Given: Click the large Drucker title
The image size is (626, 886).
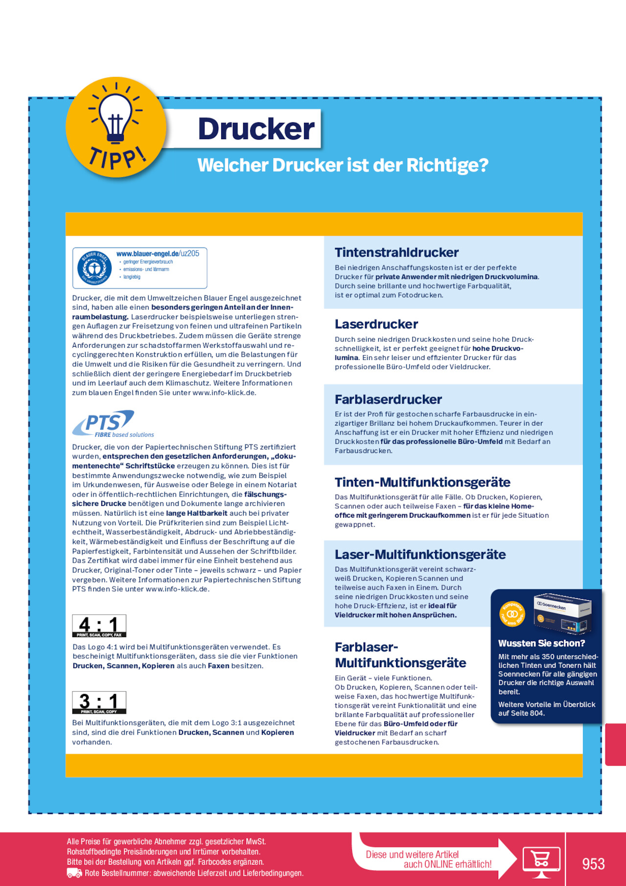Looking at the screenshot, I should tap(256, 129).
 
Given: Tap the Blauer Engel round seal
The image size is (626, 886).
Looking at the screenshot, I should tap(94, 268).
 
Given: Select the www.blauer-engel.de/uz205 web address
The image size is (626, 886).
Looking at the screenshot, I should tap(158, 254).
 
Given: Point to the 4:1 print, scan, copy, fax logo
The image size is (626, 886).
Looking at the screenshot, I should tap(99, 626).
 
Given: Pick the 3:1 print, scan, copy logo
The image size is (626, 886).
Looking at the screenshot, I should tap(99, 702).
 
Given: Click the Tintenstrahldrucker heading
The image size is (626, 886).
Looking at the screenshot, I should tap(396, 252).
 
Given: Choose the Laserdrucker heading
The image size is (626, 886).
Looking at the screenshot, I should tap(376, 324).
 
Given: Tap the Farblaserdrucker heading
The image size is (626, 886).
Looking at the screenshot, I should tap(388, 399).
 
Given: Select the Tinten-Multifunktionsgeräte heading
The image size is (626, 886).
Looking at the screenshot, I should tap(422, 482).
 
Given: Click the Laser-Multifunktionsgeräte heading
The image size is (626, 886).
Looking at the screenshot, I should tap(420, 554).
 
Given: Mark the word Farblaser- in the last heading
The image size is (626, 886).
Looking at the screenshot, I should tap(367, 647).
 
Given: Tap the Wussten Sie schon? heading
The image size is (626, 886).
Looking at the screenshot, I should tap(541, 643).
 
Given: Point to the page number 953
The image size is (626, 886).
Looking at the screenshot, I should tap(593, 863).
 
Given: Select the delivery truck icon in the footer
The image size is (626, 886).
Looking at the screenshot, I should tap(74, 873).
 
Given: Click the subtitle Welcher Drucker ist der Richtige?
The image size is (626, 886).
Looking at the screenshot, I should tap(343, 165).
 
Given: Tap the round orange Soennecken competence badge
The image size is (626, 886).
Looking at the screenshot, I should tap(512, 614).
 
